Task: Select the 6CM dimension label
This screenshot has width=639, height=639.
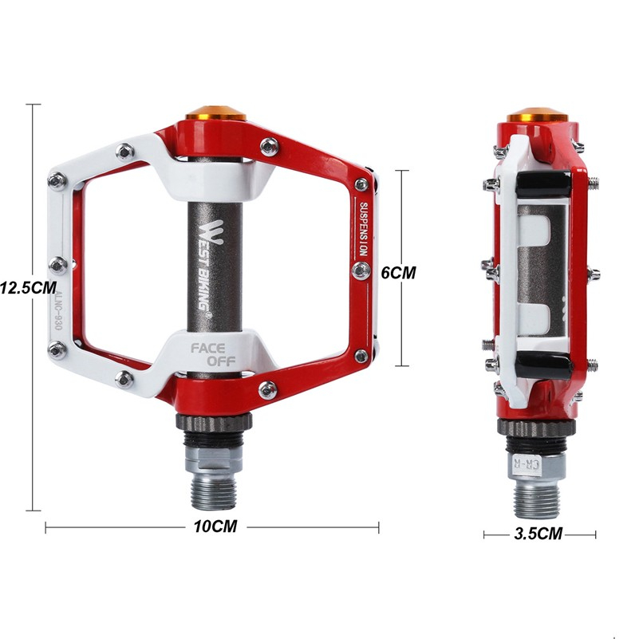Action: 399,272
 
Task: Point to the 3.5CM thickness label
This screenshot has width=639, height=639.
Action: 539,534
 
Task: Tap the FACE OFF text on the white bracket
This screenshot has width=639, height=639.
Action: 211,354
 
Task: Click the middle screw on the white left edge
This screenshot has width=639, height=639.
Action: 58,263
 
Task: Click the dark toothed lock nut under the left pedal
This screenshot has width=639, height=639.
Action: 211,423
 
